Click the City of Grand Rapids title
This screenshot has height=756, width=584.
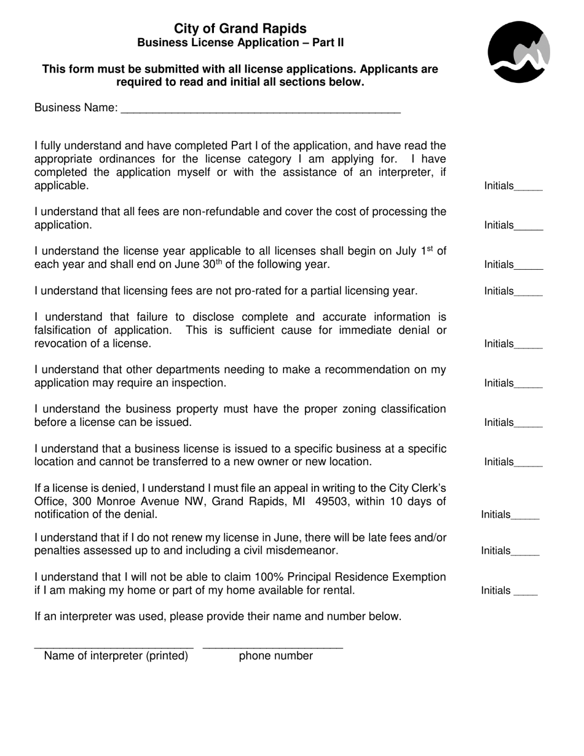point(240,28)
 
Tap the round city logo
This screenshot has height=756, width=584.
point(519,52)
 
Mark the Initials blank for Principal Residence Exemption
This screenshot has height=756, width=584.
point(526,593)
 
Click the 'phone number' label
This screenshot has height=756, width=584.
point(275,656)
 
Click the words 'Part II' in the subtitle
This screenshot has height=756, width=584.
point(328,42)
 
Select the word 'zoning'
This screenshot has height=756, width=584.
point(319,409)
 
